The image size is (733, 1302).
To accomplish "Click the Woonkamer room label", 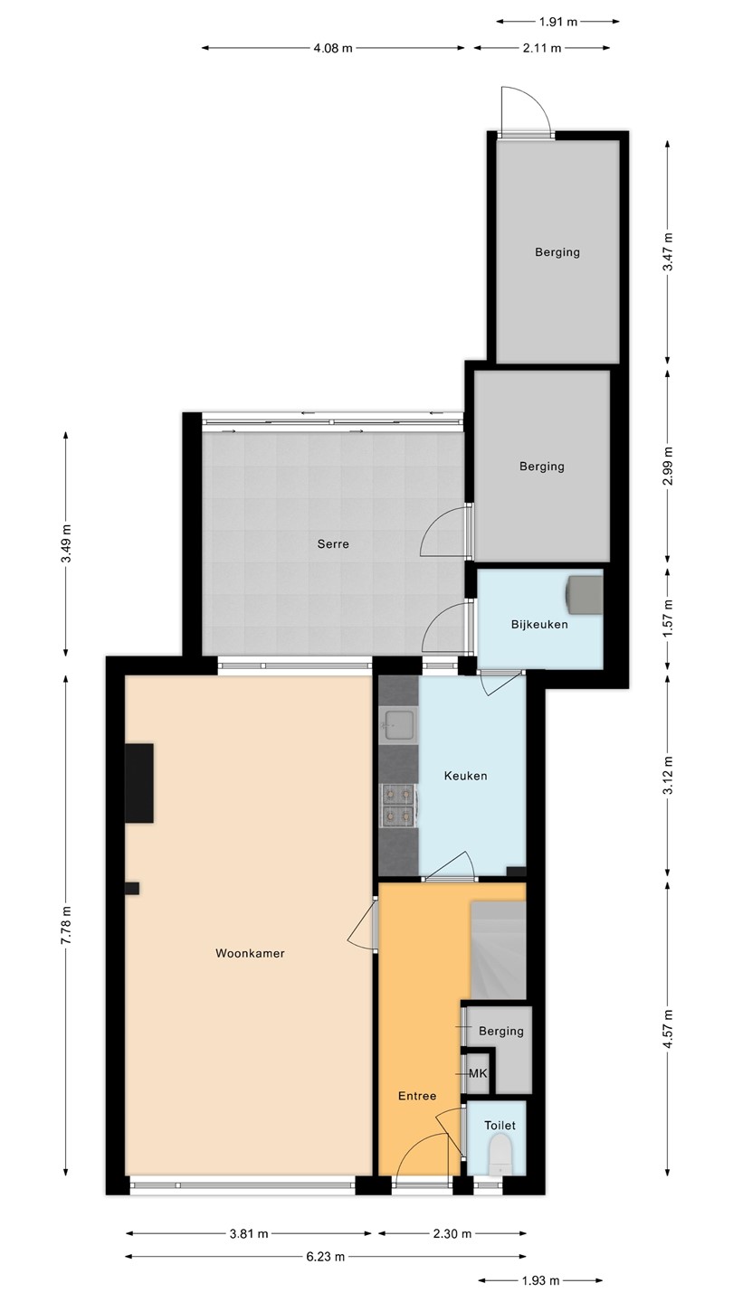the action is click(250, 953).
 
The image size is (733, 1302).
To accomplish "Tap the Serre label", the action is click(333, 544).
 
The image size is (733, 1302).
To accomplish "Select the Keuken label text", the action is click(465, 776).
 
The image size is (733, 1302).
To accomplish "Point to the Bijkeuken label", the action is click(539, 624).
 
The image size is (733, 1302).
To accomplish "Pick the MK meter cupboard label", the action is click(478, 1073).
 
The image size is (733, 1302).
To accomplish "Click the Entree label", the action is click(417, 1096).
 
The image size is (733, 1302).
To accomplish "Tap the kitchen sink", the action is click(398, 725).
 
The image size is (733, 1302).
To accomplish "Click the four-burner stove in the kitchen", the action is click(398, 805).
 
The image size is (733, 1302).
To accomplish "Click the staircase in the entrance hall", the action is click(498, 950).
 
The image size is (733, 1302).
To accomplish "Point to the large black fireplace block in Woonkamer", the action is click(139, 783).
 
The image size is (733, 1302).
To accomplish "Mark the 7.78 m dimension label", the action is click(67, 925).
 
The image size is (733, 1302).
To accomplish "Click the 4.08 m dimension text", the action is click(333, 48).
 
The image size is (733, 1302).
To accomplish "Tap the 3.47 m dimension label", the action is click(669, 251).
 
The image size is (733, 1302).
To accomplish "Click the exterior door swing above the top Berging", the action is click(526, 110).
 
